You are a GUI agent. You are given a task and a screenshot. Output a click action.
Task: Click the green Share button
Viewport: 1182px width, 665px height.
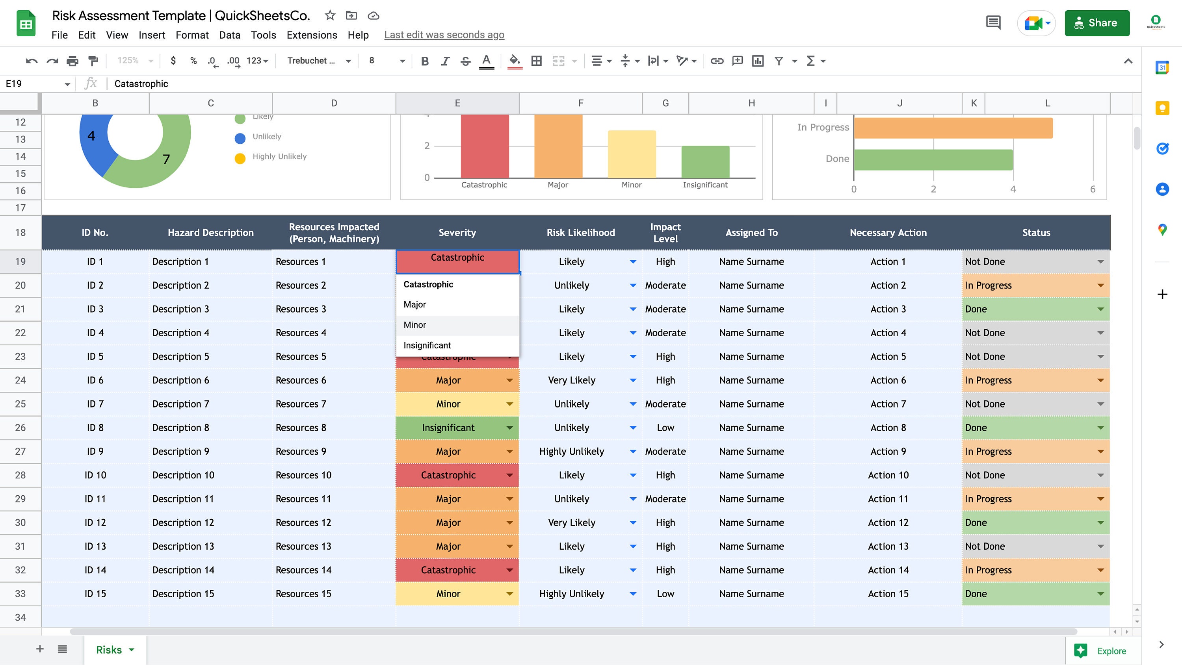pos(1097,23)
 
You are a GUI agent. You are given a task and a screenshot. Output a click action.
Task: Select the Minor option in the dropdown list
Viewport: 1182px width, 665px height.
pos(415,325)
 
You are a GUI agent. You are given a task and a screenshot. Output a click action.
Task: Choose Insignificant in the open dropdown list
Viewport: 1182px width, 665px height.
pos(427,345)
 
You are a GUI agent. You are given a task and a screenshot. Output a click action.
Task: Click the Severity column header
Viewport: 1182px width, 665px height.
pos(457,233)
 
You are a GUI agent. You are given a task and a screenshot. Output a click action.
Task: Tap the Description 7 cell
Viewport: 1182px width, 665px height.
pos(180,404)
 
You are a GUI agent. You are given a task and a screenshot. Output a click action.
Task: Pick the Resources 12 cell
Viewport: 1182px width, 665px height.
pos(303,522)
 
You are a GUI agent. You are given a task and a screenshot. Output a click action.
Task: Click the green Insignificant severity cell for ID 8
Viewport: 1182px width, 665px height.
pos(448,428)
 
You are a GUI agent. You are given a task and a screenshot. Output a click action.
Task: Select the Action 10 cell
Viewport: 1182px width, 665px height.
pos(887,475)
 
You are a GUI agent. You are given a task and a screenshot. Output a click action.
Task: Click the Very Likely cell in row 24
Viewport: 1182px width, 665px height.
pos(571,380)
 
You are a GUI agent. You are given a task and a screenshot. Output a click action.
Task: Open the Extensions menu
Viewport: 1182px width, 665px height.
pos(312,35)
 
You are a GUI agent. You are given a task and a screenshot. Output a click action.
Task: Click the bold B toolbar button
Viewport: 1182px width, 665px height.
pos(424,61)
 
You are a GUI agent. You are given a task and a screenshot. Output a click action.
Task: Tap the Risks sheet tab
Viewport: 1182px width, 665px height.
pos(109,650)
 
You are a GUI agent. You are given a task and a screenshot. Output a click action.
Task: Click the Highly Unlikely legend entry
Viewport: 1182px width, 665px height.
pos(279,156)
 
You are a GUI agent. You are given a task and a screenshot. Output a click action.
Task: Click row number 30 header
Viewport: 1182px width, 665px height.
pos(20,522)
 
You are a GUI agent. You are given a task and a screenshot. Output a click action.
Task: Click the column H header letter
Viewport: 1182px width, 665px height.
pos(751,103)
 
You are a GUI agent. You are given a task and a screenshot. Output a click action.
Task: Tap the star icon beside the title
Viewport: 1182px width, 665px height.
pos(329,16)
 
